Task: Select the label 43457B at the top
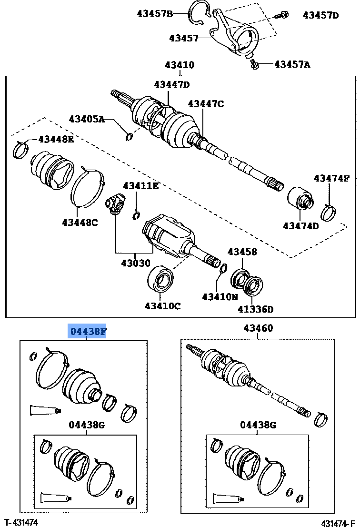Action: [155, 14]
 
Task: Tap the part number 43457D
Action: [320, 15]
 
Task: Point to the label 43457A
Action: [292, 63]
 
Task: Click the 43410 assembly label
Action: [180, 65]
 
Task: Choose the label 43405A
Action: [86, 119]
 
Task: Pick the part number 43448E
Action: [56, 139]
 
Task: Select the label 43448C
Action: [80, 222]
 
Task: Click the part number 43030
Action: [135, 263]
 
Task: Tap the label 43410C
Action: [163, 306]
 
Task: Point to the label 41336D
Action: [256, 309]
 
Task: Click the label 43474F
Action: [331, 179]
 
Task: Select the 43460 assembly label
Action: [258, 328]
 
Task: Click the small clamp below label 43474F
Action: [329, 212]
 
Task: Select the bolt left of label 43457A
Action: [254, 63]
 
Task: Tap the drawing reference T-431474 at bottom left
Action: [21, 523]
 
